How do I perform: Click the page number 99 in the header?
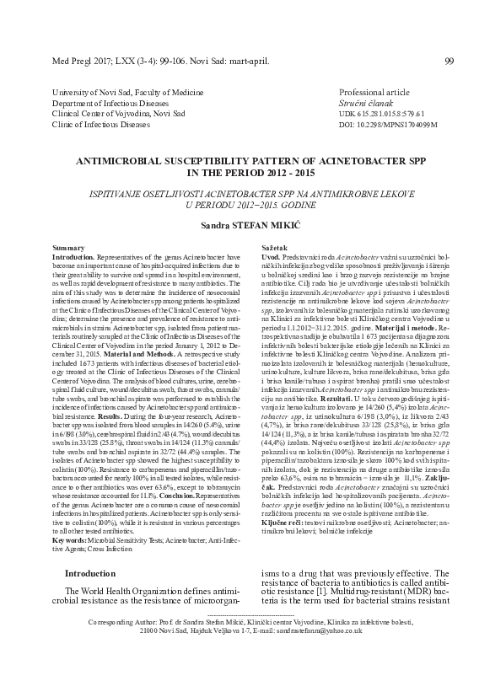pos(449,60)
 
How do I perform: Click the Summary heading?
pos(67,248)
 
